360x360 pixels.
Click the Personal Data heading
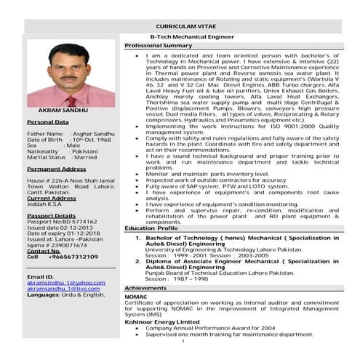pos(48,122)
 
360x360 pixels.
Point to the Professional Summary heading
pos(158,45)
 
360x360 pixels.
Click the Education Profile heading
pos(151,228)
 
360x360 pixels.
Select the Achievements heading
pos(145,288)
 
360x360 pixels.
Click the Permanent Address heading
pos(56,168)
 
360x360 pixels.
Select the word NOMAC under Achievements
pos(135,297)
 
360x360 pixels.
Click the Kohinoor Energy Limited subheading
pos(161,321)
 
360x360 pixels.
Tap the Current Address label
pos(51,198)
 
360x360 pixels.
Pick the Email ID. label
pos(41,276)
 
